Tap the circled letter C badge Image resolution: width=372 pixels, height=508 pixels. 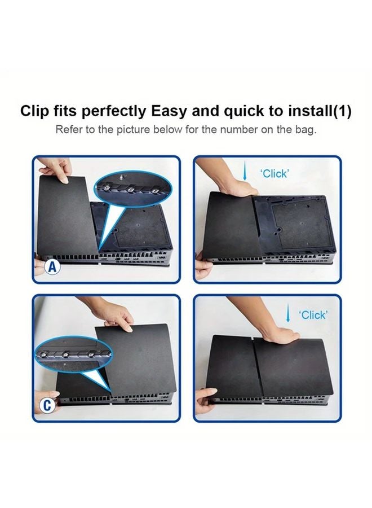48,404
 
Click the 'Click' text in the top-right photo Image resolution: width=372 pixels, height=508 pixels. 274,174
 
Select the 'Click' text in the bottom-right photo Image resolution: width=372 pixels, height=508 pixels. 313,315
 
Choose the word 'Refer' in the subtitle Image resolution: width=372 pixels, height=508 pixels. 68,130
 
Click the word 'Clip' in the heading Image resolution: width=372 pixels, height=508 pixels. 35,111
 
